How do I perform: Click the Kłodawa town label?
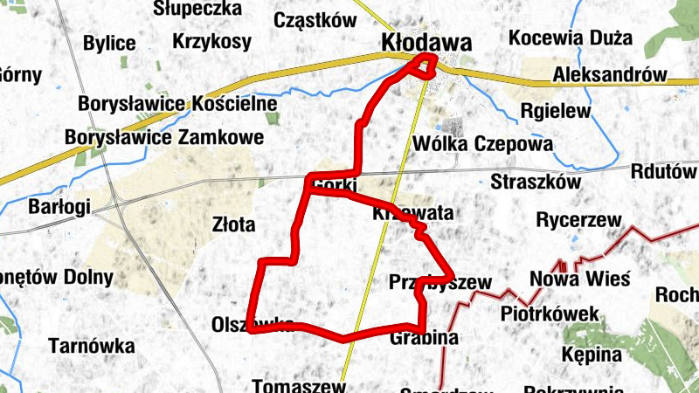tap(426, 42)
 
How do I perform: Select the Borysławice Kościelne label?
tap(177, 104)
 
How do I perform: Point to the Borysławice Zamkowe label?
tap(164, 137)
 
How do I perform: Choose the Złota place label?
tap(234, 224)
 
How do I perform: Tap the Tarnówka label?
tap(92, 347)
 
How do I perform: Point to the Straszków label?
tap(536, 182)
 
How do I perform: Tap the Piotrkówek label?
tap(550, 314)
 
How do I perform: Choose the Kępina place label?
tap(592, 355)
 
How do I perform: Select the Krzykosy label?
tap(211, 41)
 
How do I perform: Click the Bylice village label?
tap(109, 44)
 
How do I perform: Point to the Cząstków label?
tap(315, 20)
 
